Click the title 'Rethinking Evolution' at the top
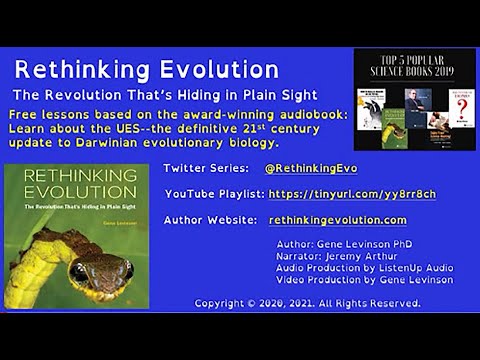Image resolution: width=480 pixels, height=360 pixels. (x=146, y=69)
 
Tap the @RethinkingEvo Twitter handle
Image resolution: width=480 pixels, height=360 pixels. (x=310, y=168)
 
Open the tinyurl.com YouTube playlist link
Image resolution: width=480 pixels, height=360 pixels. (x=352, y=194)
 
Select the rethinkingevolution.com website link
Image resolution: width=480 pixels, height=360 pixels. (x=337, y=220)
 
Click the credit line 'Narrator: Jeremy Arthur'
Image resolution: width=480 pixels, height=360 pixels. (x=328, y=255)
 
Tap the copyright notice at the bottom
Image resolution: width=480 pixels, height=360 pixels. (x=306, y=302)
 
